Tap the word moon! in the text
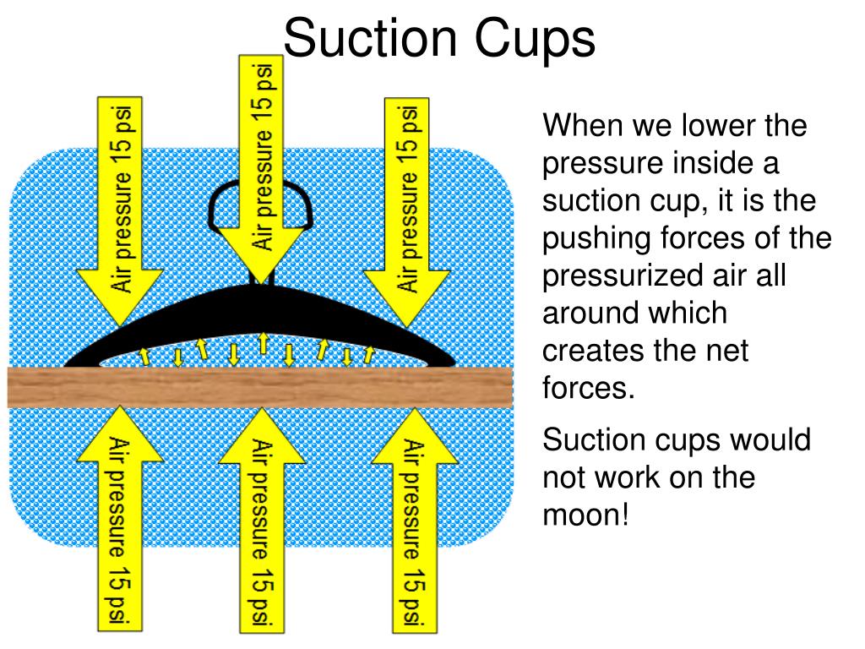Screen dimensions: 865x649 click(x=586, y=515)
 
